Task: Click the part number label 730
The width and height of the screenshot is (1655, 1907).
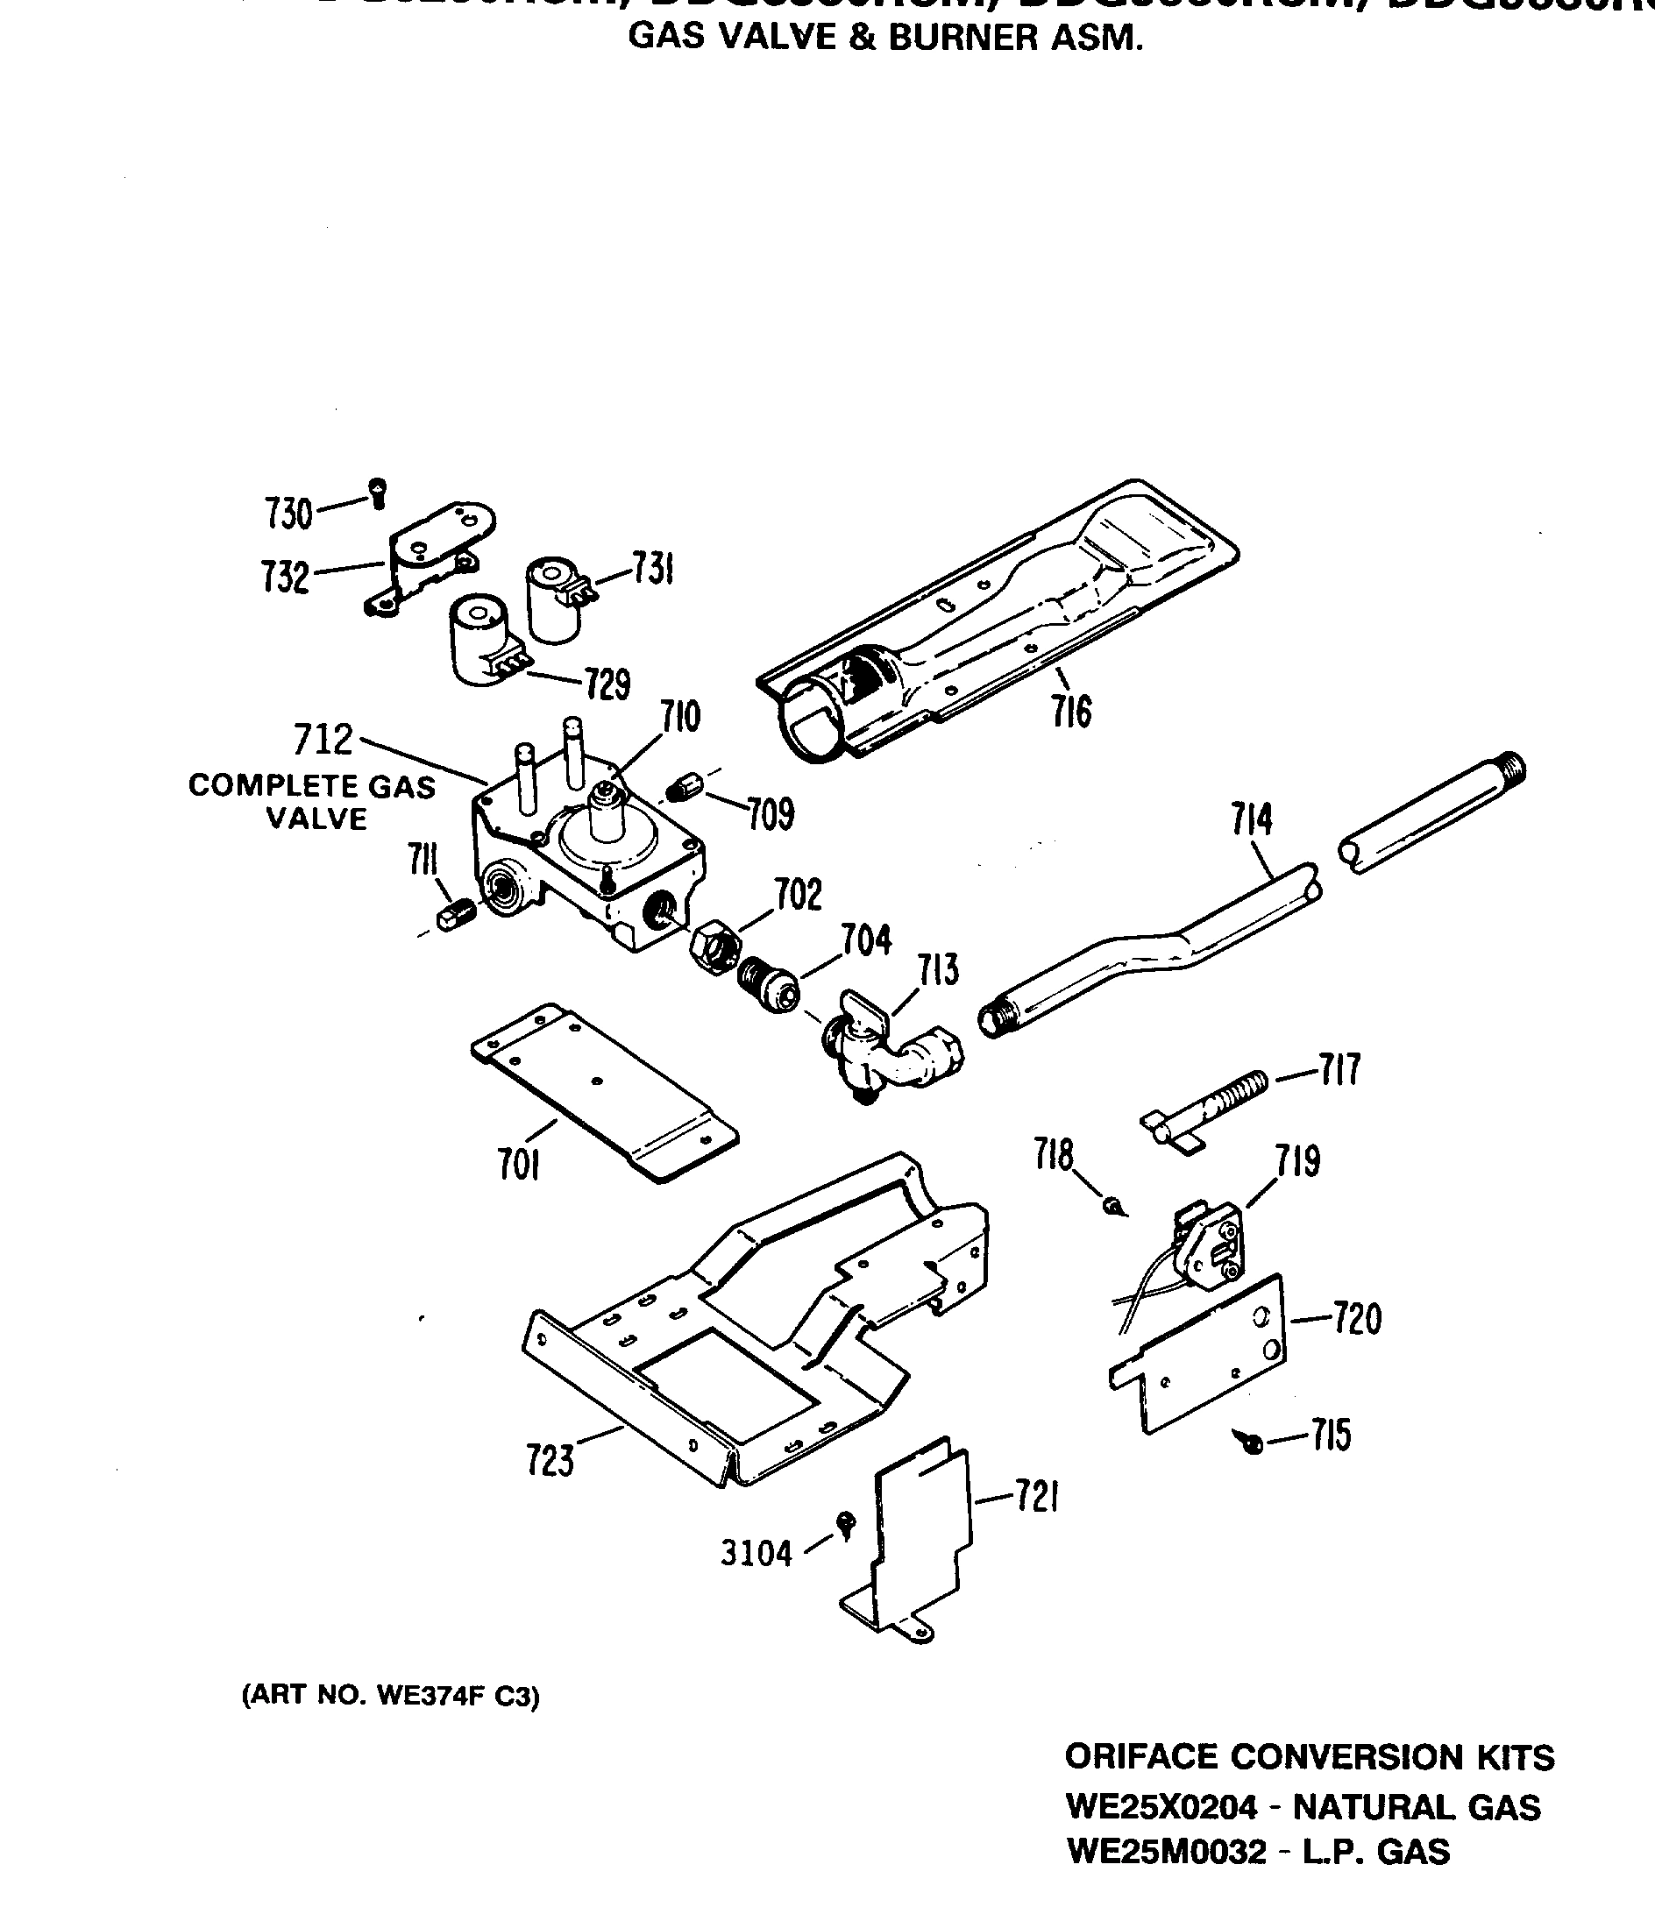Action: (x=289, y=514)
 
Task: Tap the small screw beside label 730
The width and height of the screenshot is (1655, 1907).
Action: (x=377, y=492)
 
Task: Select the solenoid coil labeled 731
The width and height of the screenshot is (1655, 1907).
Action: (x=554, y=598)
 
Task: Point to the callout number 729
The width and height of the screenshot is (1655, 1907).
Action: (x=607, y=684)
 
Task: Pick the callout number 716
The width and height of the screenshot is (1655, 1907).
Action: (x=1070, y=711)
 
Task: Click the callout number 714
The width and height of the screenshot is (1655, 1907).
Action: (x=1252, y=819)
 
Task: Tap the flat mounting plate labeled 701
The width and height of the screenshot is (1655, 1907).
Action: (x=604, y=1093)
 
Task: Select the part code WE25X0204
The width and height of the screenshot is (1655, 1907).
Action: (x=1161, y=1807)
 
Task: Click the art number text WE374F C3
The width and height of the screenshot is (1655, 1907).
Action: (x=458, y=1696)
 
